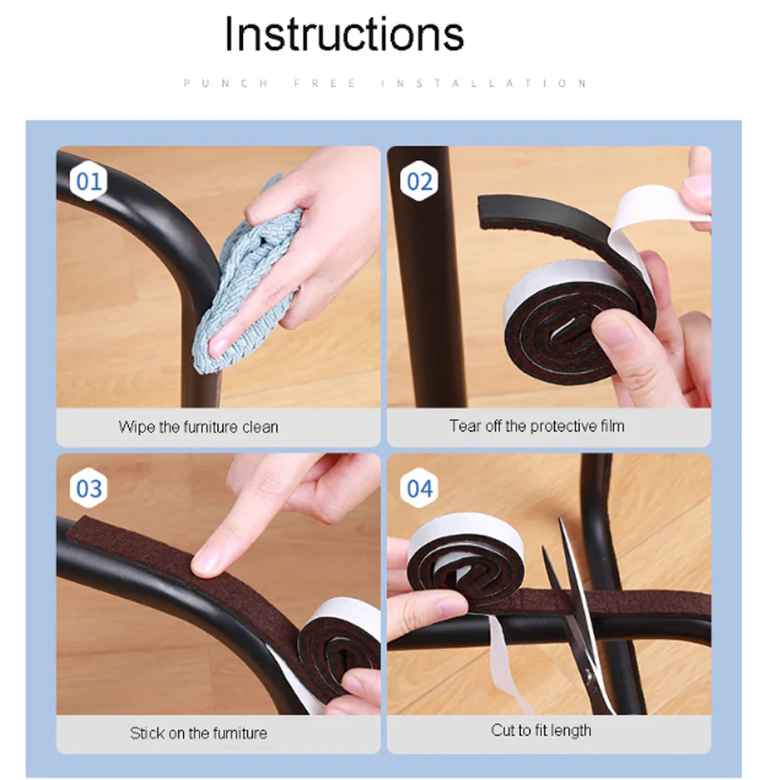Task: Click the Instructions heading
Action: tap(344, 33)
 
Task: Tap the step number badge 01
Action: tap(88, 181)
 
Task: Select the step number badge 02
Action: tap(419, 181)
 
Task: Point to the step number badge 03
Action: tap(88, 488)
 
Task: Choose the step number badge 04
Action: tap(419, 488)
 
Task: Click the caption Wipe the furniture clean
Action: tap(198, 426)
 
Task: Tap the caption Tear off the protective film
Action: tap(537, 426)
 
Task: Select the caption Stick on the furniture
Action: tap(198, 733)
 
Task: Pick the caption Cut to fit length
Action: tap(542, 730)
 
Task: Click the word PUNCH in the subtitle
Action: tap(226, 83)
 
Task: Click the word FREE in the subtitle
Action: tap(324, 83)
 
